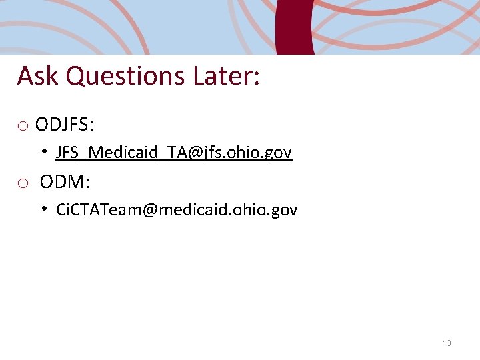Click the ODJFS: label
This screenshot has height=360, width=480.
(x=65, y=125)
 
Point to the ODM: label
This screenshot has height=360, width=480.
(x=65, y=181)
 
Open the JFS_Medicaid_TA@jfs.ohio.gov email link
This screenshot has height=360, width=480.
(x=173, y=153)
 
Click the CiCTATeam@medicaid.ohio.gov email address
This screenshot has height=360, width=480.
(x=177, y=210)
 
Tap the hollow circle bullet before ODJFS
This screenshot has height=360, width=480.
(x=23, y=126)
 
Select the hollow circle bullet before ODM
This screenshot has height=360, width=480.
(x=23, y=183)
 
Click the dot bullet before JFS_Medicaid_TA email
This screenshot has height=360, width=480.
(x=42, y=152)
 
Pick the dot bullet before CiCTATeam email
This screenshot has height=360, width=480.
(x=42, y=209)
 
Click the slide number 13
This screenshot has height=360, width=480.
(x=447, y=343)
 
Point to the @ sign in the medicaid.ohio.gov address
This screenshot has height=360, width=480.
(x=149, y=211)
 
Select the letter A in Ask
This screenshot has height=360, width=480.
(x=25, y=76)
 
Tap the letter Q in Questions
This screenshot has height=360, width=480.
(x=76, y=76)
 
